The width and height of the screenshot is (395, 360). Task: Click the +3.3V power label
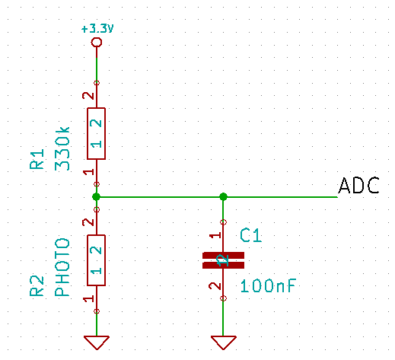(97, 29)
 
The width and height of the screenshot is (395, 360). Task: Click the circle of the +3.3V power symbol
(97, 38)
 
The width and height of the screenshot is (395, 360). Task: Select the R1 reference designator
(37, 159)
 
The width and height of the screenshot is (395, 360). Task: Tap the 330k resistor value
(62, 148)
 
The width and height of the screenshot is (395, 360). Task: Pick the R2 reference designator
(37, 286)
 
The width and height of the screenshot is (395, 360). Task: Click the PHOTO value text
(62, 267)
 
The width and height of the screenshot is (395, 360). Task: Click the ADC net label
(358, 186)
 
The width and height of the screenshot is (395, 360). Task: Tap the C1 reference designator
(250, 235)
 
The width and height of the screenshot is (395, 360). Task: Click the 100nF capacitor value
(268, 286)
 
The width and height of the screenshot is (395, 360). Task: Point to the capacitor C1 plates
(223, 260)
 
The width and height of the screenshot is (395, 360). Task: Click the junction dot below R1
(96, 196)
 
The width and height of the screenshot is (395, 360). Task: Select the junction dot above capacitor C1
(223, 196)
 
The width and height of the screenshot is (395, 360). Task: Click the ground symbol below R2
(97, 342)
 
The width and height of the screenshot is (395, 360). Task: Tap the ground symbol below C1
(223, 342)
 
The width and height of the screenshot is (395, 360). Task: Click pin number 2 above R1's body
(88, 96)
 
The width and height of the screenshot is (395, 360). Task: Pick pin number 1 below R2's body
(89, 298)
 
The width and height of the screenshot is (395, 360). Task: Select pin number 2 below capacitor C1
(215, 286)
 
